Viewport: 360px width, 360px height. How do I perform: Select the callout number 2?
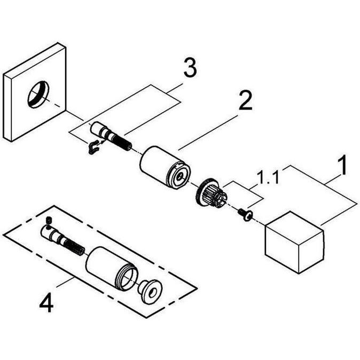(245, 100)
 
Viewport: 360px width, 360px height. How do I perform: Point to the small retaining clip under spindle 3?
(93, 147)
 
